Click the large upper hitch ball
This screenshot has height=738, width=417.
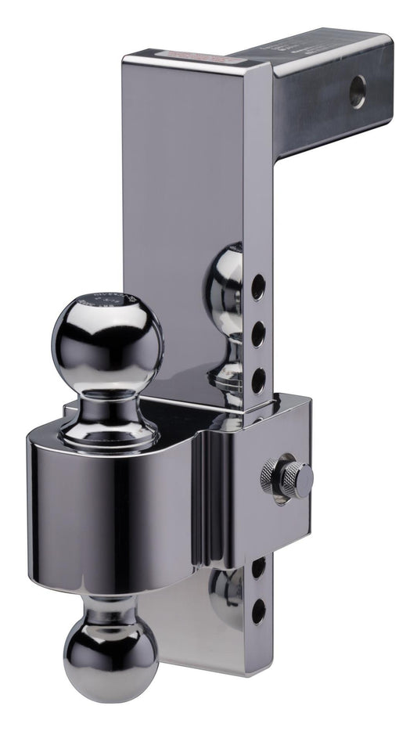108,340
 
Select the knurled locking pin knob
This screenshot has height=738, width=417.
289,477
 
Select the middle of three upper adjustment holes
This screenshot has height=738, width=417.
257,336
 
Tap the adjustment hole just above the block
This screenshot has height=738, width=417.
257,381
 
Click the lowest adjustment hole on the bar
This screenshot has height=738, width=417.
257,611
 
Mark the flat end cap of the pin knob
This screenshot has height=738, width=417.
306,477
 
